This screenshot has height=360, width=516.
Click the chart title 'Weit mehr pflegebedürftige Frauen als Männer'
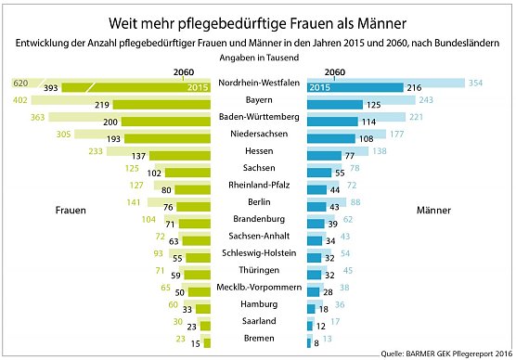coord(258,21)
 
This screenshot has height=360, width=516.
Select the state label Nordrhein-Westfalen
coord(258,84)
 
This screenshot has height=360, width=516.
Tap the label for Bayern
coord(258,100)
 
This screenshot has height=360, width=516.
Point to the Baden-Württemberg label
coord(258,117)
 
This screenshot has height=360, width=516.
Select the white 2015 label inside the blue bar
coord(319,87)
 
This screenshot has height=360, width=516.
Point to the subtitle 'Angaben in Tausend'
coord(258,58)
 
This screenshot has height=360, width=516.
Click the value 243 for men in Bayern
coord(426,100)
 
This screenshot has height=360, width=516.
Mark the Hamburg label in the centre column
coord(258,302)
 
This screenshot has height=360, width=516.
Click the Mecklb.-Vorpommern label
coord(258,286)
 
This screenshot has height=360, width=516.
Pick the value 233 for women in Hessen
coord(97,151)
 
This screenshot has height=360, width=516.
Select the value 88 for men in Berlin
coord(356,201)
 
